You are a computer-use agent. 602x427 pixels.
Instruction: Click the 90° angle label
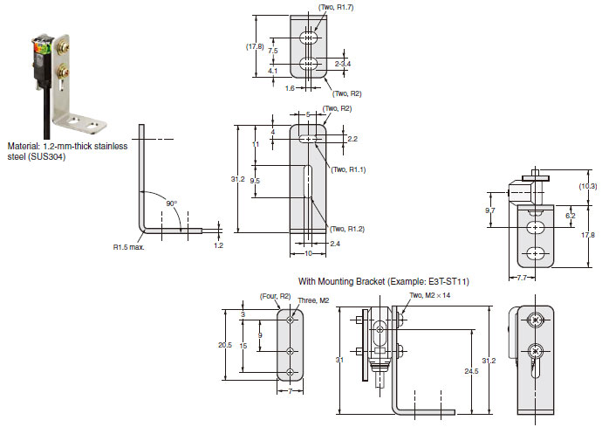point(172,203)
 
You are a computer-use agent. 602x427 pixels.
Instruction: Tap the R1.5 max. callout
point(128,247)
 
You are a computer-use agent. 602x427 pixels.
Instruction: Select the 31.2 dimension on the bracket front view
point(237,179)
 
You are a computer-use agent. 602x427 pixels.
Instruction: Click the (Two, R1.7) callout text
point(336,7)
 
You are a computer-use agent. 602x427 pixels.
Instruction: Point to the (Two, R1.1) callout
point(348,169)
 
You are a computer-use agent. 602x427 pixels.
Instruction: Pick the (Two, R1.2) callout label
point(347,229)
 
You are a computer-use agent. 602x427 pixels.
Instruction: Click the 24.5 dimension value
point(471,371)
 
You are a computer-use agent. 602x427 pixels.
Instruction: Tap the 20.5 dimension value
point(225,345)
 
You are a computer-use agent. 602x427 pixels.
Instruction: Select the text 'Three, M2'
point(314,300)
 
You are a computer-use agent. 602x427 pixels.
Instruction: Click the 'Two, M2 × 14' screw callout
point(430,295)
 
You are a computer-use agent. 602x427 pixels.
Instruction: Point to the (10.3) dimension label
point(588,186)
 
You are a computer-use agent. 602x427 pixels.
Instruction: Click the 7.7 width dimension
point(522,278)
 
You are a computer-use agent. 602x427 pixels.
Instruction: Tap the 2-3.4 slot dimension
point(343,64)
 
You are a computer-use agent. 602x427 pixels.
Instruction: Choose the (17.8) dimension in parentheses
point(255,46)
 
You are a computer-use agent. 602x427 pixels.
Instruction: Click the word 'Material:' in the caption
point(24,146)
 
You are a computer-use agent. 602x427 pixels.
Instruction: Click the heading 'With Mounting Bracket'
point(341,282)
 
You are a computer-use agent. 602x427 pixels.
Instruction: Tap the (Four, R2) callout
point(276,296)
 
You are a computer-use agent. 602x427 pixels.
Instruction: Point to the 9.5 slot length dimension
point(255,181)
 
